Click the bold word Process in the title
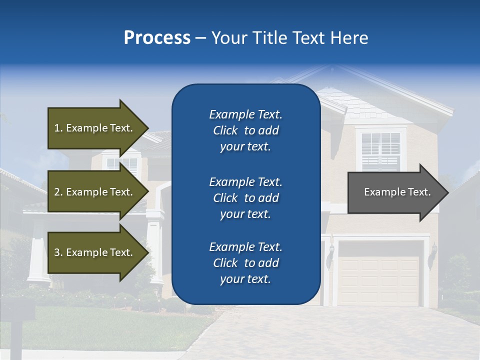pos(157,38)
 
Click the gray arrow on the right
pos(395,192)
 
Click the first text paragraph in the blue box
pos(245,130)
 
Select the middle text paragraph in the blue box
pos(245,198)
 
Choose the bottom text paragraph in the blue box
pos(245,263)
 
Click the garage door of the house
pos(378,280)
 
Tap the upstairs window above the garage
pos(380,150)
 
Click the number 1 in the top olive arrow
pos(57,128)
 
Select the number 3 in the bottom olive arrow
pos(57,252)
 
